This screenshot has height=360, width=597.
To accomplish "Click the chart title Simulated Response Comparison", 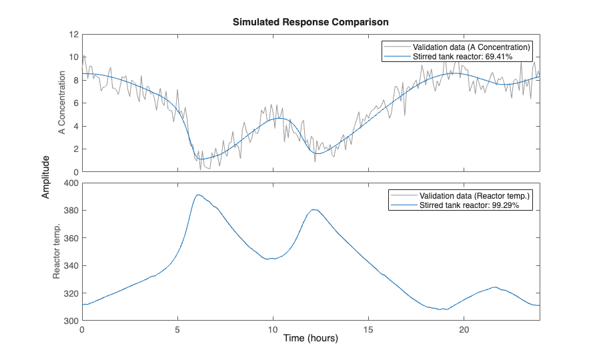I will pos(310,22).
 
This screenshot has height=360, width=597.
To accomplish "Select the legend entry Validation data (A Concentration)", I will pos(471,47).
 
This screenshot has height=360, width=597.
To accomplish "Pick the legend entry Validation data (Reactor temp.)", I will pos(474,195).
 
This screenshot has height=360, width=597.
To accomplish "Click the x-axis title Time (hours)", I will pos(310,339).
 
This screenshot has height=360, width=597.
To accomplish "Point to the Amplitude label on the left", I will pos(46,177).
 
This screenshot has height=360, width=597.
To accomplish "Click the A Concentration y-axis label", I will pos(61,103).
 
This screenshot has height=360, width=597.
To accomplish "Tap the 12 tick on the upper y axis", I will pos(73,34).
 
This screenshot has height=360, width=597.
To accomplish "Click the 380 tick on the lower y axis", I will pos(71,211).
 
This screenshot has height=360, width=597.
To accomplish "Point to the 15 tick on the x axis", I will pos(368,329).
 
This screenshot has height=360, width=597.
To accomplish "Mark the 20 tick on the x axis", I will pos(464,329).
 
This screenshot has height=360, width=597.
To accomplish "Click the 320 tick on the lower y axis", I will pos(71,293).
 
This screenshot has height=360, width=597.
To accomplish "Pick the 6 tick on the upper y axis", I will pos(75,103).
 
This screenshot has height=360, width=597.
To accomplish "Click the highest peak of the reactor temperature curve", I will pos(198,195).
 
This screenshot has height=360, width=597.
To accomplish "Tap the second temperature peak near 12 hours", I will pos(315,209).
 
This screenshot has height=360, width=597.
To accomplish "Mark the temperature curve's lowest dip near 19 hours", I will pos(443,309).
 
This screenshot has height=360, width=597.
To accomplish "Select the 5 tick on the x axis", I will pos(177,329).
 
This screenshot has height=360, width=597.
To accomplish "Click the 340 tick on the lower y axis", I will pos(71,266).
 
